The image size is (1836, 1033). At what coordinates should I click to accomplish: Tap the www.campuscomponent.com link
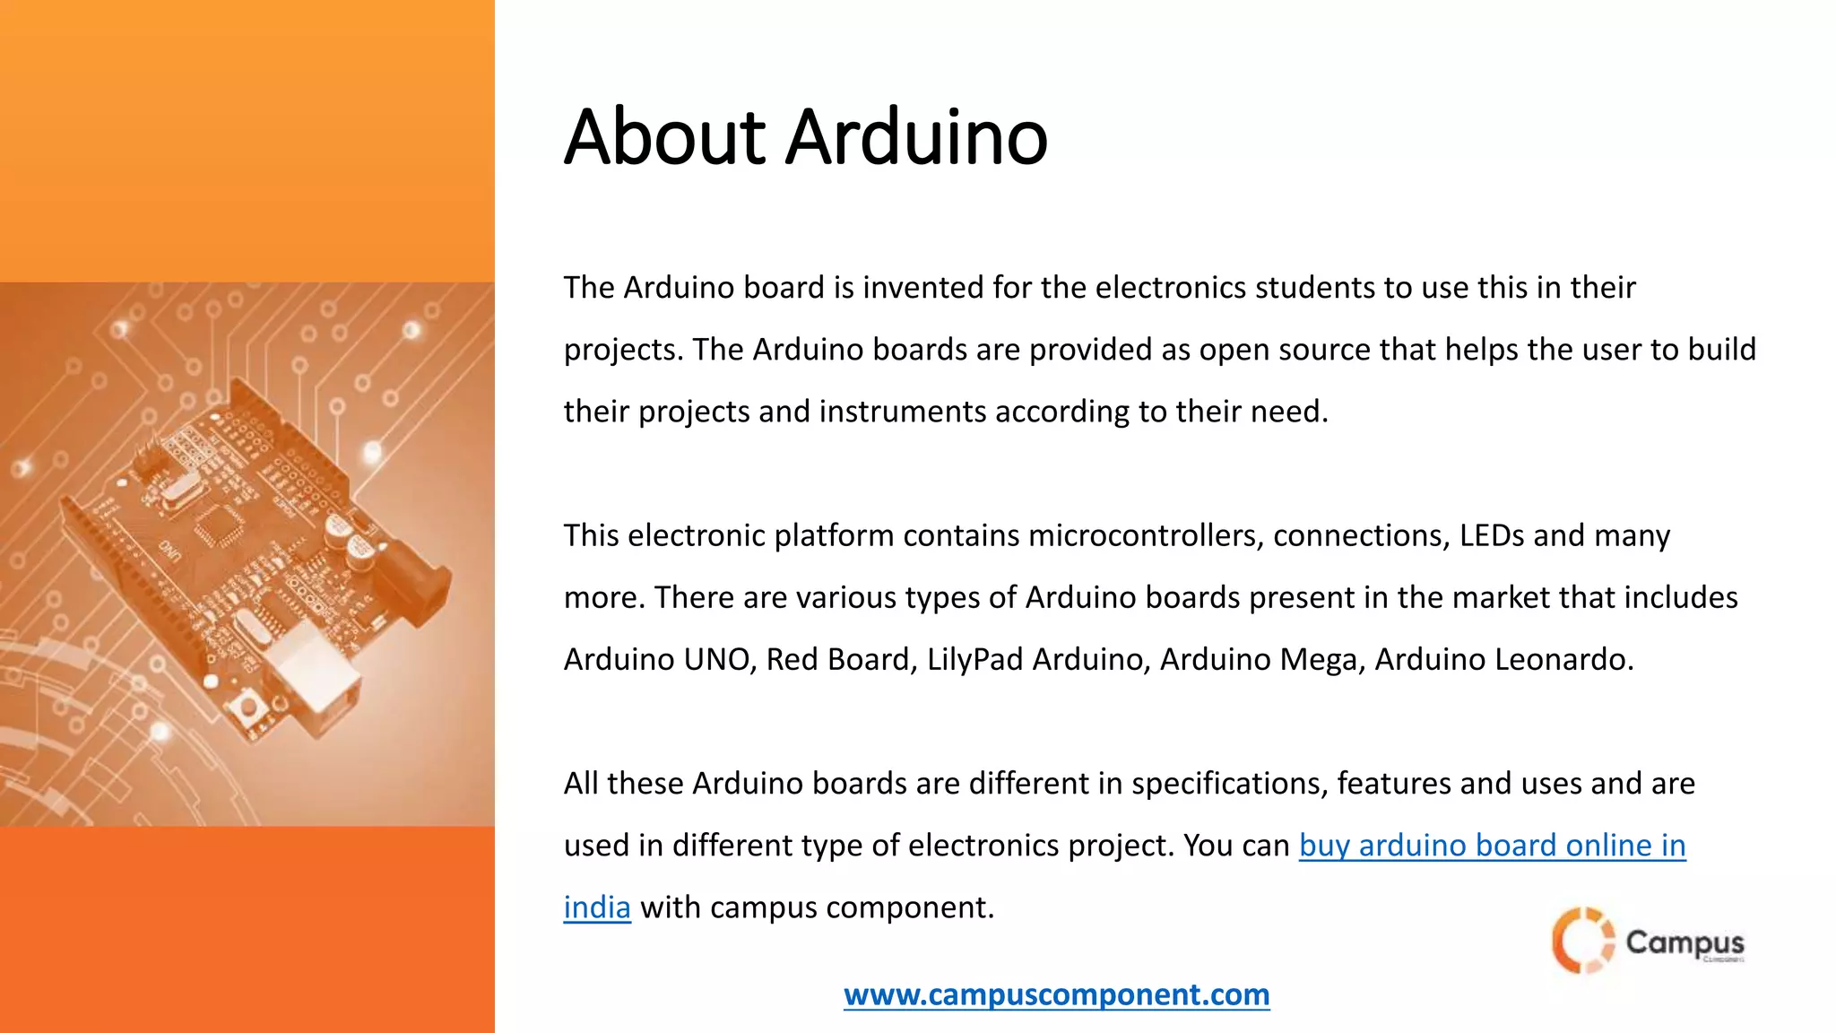coord(1056,994)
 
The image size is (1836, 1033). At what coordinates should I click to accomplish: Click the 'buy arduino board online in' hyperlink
coord(1492,846)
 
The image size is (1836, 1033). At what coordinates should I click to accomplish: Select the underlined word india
coord(597,907)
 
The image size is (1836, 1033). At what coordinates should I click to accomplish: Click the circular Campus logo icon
coord(1581,941)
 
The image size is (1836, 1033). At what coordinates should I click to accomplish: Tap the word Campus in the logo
coord(1684,942)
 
